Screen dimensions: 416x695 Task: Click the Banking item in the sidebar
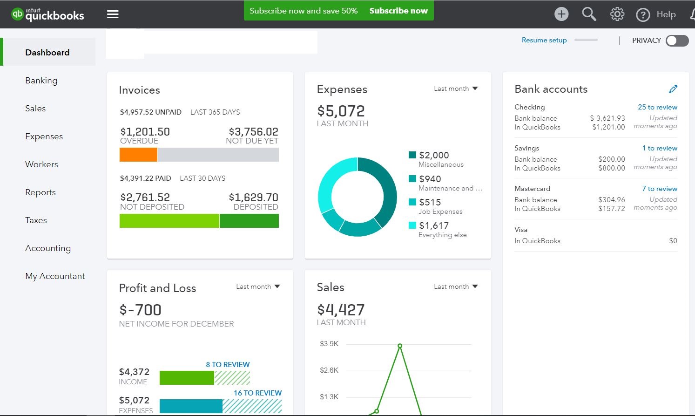point(41,81)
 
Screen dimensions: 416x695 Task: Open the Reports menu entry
point(40,192)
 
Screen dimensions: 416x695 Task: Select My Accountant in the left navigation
point(55,276)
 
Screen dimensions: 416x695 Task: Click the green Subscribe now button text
point(398,11)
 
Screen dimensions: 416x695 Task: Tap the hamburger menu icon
point(113,14)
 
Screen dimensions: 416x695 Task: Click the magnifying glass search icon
point(589,14)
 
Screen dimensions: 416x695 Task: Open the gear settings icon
point(617,14)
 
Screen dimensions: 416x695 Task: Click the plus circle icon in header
point(561,14)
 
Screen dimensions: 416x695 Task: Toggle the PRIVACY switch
point(677,41)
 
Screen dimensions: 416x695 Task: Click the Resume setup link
point(544,41)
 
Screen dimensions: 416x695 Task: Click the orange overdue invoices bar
point(138,155)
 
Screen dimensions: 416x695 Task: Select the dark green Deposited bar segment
point(249,221)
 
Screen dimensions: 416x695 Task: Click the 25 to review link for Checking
point(657,107)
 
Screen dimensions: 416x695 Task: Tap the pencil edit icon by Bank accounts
point(673,89)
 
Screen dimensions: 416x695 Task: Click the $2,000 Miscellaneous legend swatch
point(412,155)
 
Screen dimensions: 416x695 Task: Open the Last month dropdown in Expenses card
point(456,89)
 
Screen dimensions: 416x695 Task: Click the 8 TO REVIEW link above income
point(228,365)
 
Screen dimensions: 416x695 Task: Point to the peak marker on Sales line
point(400,346)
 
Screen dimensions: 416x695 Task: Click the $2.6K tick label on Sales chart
point(329,370)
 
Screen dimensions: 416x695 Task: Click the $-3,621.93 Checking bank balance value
point(607,118)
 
